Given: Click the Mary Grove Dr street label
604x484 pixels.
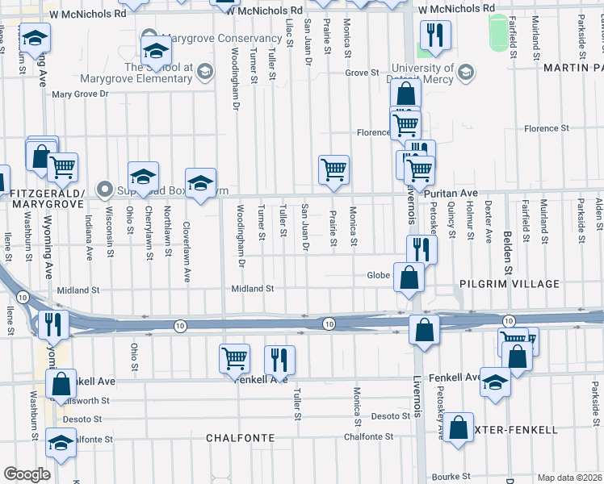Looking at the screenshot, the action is (79, 94).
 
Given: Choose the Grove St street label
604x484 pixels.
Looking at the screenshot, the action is (362, 73).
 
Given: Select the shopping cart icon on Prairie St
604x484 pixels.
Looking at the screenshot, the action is (333, 169).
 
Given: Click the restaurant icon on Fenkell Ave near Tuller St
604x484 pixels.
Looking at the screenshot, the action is (279, 359).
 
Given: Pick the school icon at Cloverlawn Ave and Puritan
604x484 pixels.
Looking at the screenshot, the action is (200, 182).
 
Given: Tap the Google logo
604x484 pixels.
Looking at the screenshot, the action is (27, 474).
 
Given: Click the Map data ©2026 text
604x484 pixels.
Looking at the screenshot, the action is (569, 478).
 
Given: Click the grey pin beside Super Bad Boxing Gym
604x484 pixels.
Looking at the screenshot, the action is (104, 189).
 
